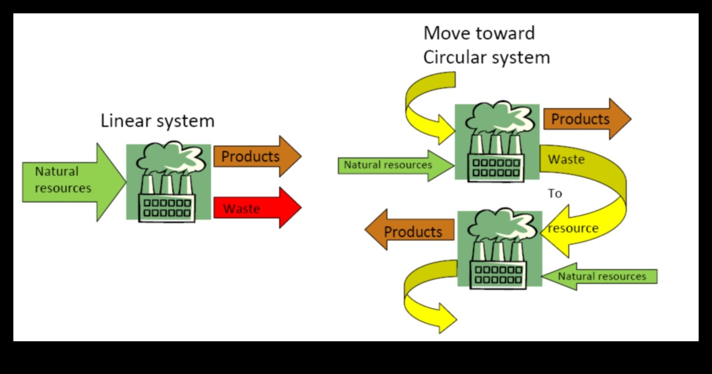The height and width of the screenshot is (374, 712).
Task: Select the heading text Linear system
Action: coord(158,121)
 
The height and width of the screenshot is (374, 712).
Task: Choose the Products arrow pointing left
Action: coord(409,231)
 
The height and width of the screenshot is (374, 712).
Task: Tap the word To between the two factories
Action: coord(555,194)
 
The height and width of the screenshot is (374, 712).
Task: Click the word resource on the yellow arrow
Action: coord(573,228)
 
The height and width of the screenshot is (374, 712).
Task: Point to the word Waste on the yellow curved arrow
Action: coord(566,160)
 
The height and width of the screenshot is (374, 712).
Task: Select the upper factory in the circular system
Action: coord(497,142)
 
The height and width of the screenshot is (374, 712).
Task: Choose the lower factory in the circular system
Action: coord(499,248)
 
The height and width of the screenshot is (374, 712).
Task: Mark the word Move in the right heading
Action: coord(446,33)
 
